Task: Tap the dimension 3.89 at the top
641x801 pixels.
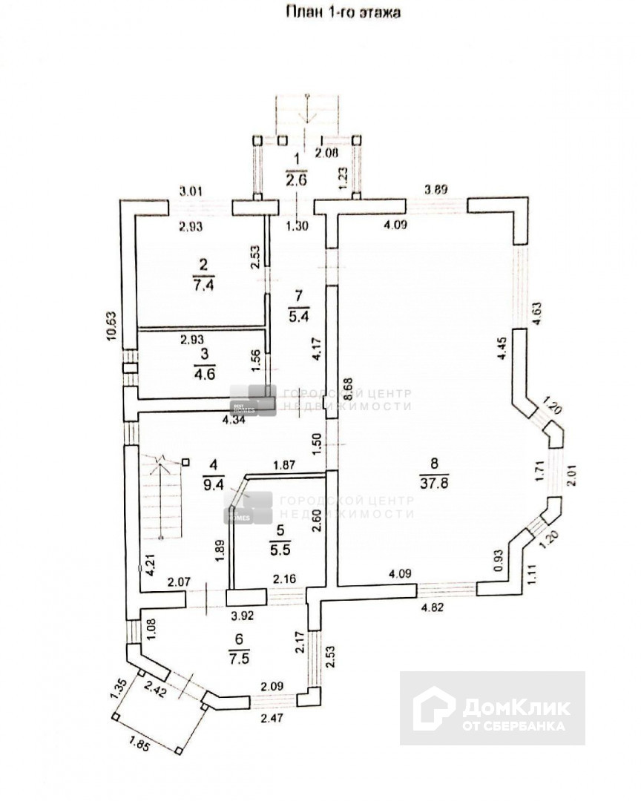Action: (x=435, y=190)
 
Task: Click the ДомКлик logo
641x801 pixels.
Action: (x=493, y=708)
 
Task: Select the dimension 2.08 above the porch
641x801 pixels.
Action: (x=326, y=153)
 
